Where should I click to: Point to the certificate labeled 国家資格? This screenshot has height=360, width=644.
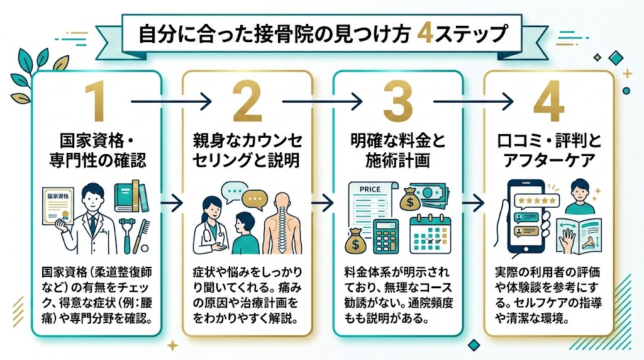coord(57,206)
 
